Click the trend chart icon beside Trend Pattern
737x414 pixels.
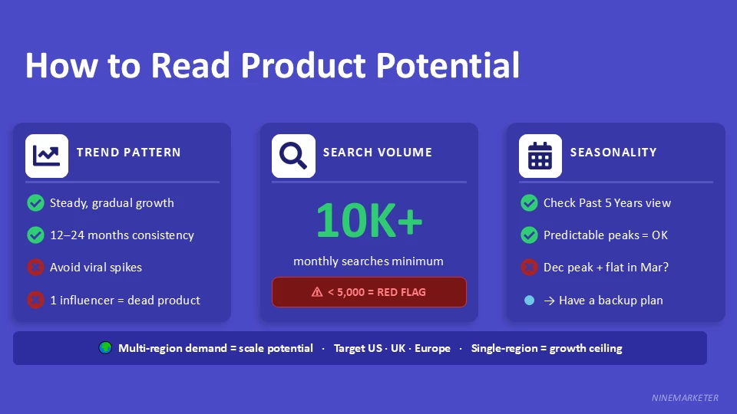pyautogui.click(x=47, y=156)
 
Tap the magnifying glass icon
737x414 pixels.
pyautogui.click(x=293, y=156)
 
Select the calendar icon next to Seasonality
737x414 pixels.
pyautogui.click(x=540, y=156)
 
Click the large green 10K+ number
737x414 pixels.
pyautogui.click(x=368, y=220)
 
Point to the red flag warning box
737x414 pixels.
pyautogui.click(x=368, y=292)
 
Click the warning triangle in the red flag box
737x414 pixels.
pyautogui.click(x=317, y=292)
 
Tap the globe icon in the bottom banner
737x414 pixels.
pyautogui.click(x=105, y=348)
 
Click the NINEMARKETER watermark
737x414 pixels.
pyautogui.click(x=685, y=398)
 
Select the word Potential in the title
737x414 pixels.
pyautogui.click(x=448, y=66)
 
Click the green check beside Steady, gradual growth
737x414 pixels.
pyautogui.click(x=35, y=203)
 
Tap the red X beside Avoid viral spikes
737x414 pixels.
pyautogui.click(x=35, y=268)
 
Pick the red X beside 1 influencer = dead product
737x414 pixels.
pyautogui.click(x=35, y=300)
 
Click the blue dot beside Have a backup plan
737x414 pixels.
pyautogui.click(x=529, y=301)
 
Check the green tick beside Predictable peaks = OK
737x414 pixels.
pyautogui.click(x=529, y=235)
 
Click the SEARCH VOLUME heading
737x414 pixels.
pyautogui.click(x=377, y=153)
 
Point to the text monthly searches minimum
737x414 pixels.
pyautogui.click(x=368, y=261)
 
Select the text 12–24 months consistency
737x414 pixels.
pyautogui.click(x=121, y=235)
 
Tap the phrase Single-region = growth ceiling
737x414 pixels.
pyautogui.click(x=547, y=348)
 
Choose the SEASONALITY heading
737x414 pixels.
pyautogui.click(x=613, y=153)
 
